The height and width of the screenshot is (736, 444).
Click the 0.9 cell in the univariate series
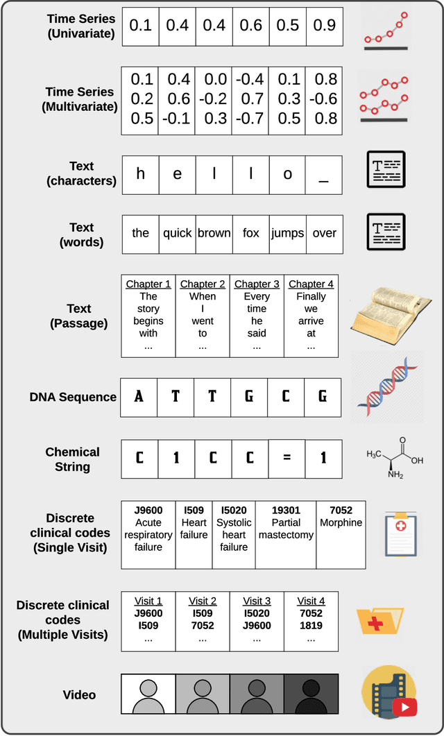pyautogui.click(x=323, y=26)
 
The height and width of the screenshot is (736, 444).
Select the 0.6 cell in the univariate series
pyautogui.click(x=251, y=26)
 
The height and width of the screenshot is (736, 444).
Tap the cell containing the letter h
pyautogui.click(x=141, y=173)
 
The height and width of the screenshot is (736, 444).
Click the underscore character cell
pyautogui.click(x=323, y=173)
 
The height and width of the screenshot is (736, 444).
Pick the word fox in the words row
pyautogui.click(x=251, y=233)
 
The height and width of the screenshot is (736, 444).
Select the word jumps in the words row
pyautogui.click(x=287, y=233)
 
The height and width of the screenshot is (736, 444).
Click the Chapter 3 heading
pyautogui.click(x=257, y=284)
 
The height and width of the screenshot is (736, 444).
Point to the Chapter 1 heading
pyautogui.click(x=148, y=284)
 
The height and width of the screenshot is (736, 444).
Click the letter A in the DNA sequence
pyautogui.click(x=139, y=397)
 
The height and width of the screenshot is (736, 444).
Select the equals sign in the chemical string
pyautogui.click(x=287, y=459)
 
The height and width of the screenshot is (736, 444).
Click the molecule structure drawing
pyautogui.click(x=394, y=457)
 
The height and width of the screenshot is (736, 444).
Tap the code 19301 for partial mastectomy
pyautogui.click(x=286, y=511)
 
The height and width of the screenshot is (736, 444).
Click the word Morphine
pyautogui.click(x=341, y=522)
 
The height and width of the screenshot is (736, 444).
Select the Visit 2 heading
pyautogui.click(x=203, y=601)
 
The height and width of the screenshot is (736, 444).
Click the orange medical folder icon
pyautogui.click(x=379, y=619)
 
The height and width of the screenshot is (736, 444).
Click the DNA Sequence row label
pyautogui.click(x=73, y=397)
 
